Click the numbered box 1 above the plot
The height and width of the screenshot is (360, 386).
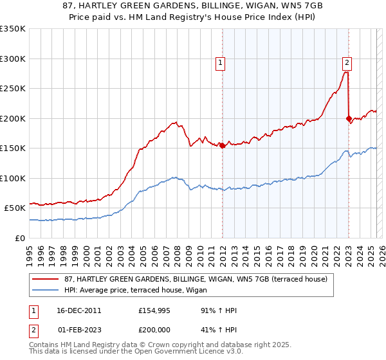[220, 63]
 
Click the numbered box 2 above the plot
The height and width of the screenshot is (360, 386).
[347, 63]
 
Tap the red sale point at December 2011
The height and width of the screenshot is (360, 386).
[222, 145]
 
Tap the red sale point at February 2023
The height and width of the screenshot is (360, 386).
[349, 118]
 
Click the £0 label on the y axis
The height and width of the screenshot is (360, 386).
[20, 238]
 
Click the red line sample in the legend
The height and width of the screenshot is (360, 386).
[46, 279]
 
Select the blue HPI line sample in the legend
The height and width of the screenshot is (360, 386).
[46, 290]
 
